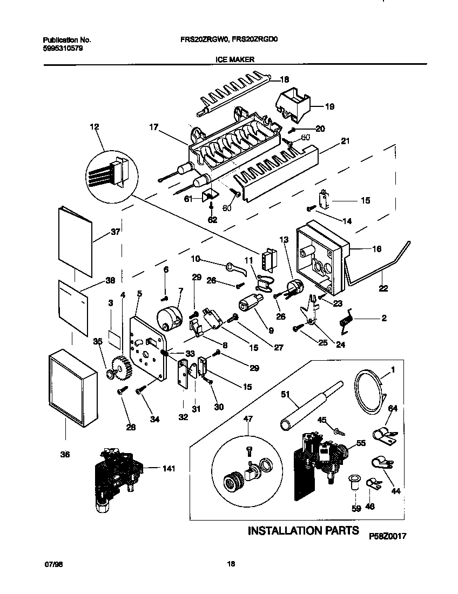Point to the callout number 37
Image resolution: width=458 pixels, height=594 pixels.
click(x=116, y=232)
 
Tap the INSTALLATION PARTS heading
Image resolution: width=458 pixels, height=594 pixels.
click(x=303, y=530)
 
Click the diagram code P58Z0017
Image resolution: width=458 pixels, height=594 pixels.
click(x=387, y=536)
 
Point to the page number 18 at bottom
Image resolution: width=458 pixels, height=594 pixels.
click(x=231, y=564)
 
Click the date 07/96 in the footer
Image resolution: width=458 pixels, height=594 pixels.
click(x=50, y=564)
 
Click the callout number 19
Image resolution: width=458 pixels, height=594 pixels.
click(x=329, y=106)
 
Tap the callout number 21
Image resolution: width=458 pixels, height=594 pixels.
click(x=346, y=141)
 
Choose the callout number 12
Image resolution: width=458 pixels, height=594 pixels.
click(x=95, y=127)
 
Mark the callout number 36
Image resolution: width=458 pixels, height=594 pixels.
click(x=65, y=454)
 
